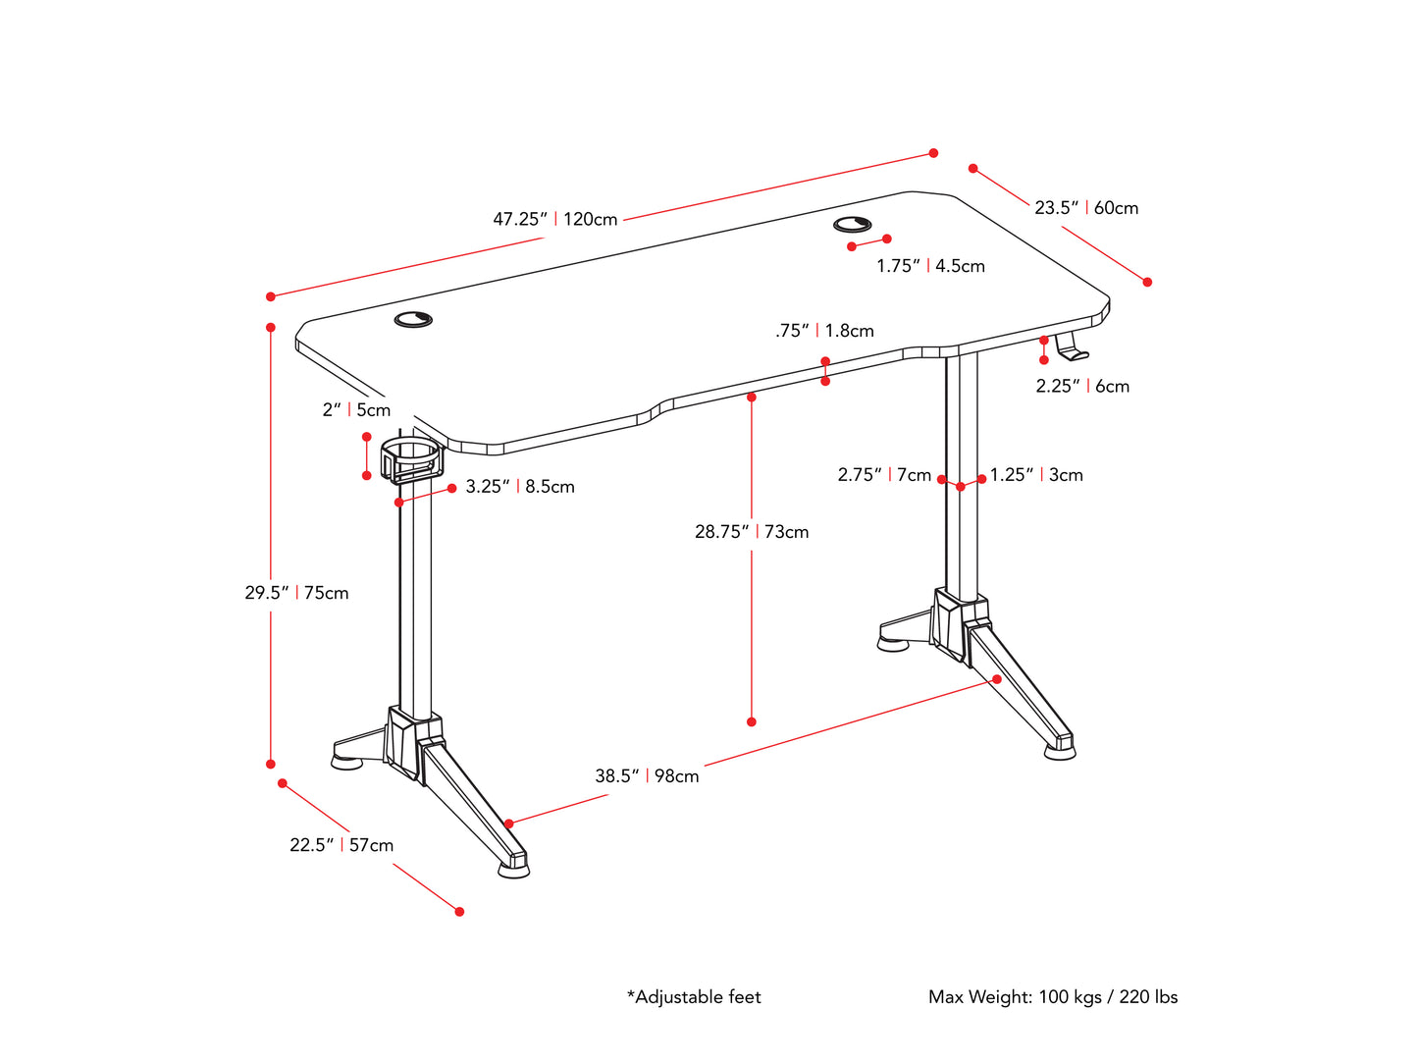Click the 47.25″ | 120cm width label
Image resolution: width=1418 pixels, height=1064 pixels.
click(x=555, y=219)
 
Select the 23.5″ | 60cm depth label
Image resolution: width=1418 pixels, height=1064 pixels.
click(x=1086, y=208)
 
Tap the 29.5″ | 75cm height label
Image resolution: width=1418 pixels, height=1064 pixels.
click(x=296, y=593)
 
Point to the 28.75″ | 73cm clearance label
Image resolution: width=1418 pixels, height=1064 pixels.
click(x=752, y=532)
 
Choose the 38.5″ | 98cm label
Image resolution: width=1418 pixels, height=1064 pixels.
click(x=647, y=776)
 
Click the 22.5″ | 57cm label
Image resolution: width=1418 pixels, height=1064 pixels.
click(x=341, y=845)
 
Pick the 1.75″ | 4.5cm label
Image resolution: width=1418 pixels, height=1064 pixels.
click(x=930, y=266)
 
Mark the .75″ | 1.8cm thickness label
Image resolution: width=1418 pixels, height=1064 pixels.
click(x=824, y=331)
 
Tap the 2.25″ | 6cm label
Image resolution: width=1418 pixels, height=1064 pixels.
click(x=1082, y=387)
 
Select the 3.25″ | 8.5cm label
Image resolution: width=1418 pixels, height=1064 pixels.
click(x=520, y=487)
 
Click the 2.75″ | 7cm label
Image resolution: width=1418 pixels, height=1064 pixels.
click(x=884, y=475)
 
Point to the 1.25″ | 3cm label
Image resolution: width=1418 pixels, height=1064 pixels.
click(x=1036, y=475)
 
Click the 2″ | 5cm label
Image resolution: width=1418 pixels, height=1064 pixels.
click(x=356, y=410)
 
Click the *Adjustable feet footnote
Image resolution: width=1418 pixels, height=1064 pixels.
click(x=694, y=997)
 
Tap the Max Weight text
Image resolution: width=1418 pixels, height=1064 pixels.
click(x=1053, y=997)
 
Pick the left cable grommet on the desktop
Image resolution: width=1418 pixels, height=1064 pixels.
click(x=414, y=319)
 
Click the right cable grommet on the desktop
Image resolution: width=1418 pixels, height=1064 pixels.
click(x=853, y=225)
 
